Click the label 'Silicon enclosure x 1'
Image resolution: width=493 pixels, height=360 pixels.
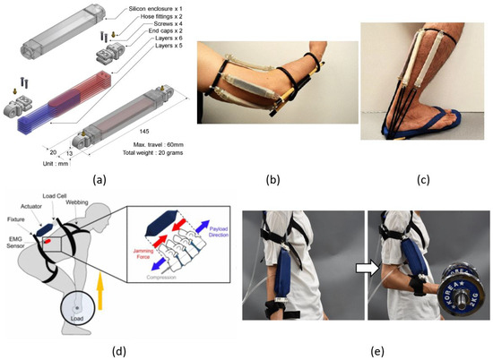[x=131, y=6]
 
